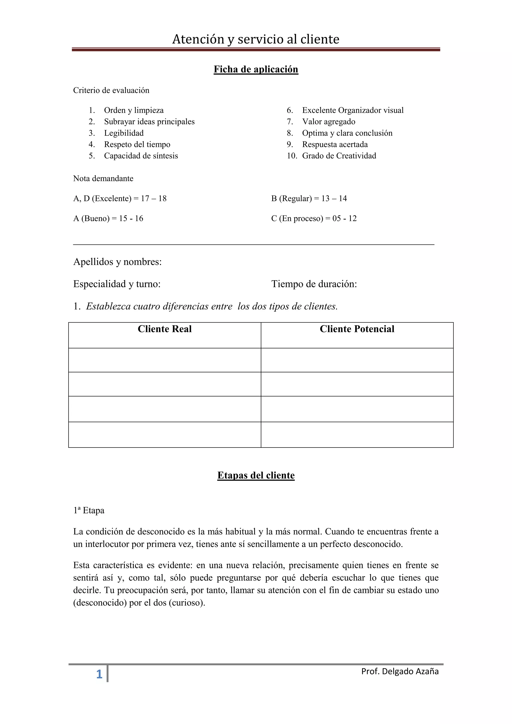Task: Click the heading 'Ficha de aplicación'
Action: [x=256, y=69]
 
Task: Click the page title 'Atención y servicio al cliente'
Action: [x=256, y=39]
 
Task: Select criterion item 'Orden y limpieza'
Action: [x=134, y=110]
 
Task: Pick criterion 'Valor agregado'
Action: [x=328, y=122]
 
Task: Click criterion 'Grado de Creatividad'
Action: [x=339, y=156]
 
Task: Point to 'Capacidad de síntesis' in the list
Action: [x=141, y=156]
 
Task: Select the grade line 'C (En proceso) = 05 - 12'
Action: [x=314, y=218]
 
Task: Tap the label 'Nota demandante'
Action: [x=103, y=178]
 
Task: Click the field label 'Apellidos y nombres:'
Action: [x=117, y=262]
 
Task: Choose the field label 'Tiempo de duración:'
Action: [x=314, y=284]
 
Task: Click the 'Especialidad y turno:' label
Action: [x=117, y=284]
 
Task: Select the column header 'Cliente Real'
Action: [x=164, y=329]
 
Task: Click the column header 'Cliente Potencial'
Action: [x=357, y=329]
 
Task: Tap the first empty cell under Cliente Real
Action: [x=164, y=360]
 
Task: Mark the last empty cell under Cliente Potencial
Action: [x=357, y=434]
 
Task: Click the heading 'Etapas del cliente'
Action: [x=256, y=475]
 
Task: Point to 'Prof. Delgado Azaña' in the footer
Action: [x=400, y=671]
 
